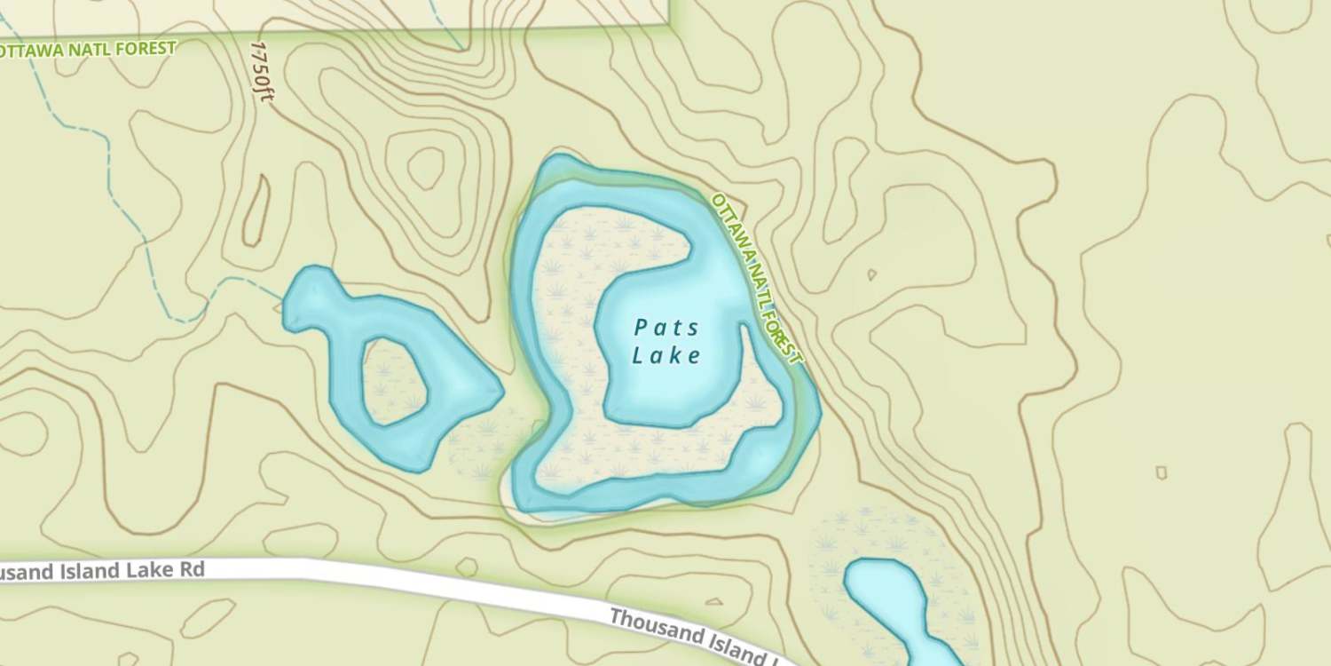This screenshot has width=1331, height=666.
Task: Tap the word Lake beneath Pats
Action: point(667,356)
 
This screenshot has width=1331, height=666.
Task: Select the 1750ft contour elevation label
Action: point(262,71)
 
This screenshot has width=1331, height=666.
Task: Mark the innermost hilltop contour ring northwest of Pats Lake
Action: point(426,167)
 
